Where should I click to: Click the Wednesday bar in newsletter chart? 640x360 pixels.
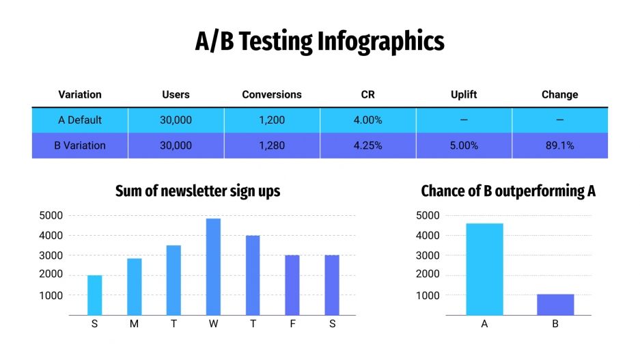(x=214, y=266)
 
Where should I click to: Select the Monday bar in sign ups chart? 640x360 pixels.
(x=134, y=286)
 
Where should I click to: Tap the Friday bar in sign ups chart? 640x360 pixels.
(x=292, y=285)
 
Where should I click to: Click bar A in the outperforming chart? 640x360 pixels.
(x=484, y=269)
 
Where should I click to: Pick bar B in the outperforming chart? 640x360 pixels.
(x=555, y=305)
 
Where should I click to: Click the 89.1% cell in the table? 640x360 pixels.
(x=559, y=146)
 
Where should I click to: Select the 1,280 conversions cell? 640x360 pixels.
(x=272, y=146)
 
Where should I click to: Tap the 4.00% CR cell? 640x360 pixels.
(x=367, y=120)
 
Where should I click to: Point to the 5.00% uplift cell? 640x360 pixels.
(x=464, y=146)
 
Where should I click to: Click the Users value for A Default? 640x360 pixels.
(x=176, y=120)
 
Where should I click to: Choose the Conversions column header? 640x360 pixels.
(x=272, y=95)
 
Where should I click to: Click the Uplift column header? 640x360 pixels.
(x=464, y=95)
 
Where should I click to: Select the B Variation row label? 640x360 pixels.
(x=80, y=146)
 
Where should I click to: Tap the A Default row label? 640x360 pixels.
(x=80, y=120)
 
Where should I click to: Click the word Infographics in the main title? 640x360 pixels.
(x=380, y=42)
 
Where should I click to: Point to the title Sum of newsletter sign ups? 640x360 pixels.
(x=197, y=191)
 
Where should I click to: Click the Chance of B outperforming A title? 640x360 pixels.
(x=508, y=191)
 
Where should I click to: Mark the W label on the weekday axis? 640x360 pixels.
(x=214, y=324)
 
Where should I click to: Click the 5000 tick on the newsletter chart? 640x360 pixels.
(x=51, y=216)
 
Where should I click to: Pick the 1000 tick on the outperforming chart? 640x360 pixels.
(x=428, y=295)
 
